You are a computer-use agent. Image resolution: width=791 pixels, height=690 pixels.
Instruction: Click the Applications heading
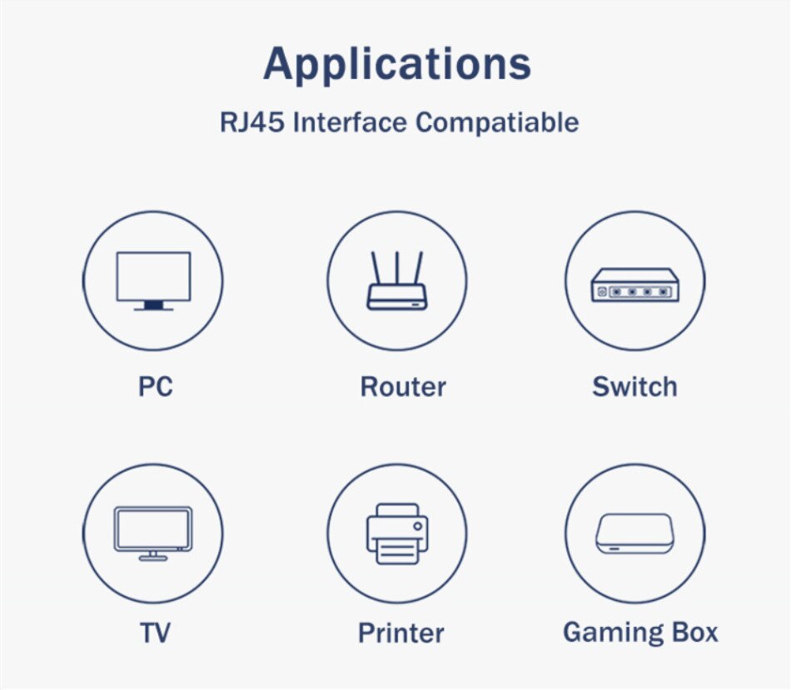tap(397, 64)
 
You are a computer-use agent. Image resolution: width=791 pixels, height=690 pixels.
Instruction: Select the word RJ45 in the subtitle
tap(252, 122)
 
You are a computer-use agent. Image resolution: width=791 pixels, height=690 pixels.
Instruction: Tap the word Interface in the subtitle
tap(350, 122)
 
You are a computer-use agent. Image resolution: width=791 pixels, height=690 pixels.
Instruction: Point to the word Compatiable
tap(497, 122)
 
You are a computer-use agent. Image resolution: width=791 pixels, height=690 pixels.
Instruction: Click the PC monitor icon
tap(153, 281)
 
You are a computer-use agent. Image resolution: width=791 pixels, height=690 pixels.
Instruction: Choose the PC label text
tap(156, 387)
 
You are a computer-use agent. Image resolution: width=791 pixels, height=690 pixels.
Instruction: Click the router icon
tap(397, 280)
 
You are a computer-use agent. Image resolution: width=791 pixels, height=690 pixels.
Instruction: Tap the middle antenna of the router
tap(397, 268)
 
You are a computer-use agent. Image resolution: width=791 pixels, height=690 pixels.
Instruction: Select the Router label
tap(403, 387)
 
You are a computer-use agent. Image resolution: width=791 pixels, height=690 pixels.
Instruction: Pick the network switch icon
tap(635, 285)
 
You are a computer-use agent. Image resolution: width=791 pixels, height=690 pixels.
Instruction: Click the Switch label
tap(634, 387)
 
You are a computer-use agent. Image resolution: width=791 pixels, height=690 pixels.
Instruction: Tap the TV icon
tap(153, 534)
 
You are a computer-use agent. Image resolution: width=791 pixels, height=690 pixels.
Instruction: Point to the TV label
tap(155, 633)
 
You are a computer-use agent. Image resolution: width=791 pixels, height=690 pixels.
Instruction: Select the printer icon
tap(397, 534)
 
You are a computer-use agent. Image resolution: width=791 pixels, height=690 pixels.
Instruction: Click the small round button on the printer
tap(417, 526)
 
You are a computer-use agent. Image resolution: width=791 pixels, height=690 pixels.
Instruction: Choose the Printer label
tap(401, 633)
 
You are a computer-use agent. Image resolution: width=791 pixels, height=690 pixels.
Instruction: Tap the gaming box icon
tap(634, 534)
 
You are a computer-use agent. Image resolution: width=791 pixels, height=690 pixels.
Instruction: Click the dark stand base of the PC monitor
tap(153, 305)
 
